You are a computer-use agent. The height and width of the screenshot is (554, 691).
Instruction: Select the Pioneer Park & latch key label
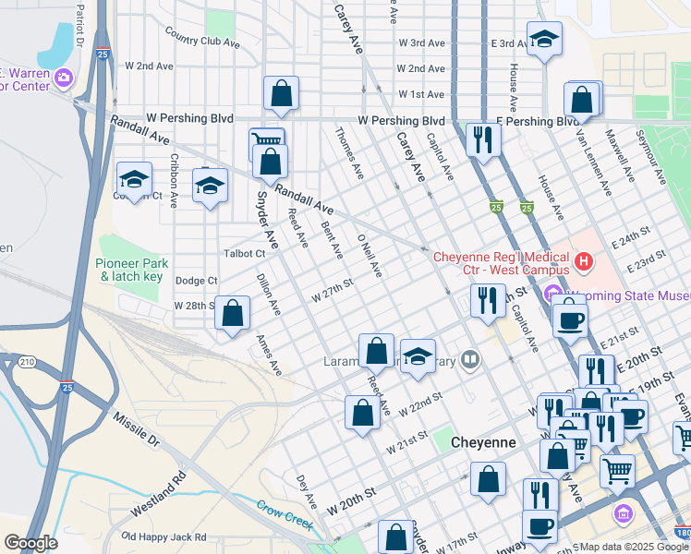tap(129, 270)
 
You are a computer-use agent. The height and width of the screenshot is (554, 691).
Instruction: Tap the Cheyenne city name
tap(482, 443)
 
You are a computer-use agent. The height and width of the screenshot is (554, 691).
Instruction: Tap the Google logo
tap(30, 543)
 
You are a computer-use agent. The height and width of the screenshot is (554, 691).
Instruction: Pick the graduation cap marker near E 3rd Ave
tap(544, 40)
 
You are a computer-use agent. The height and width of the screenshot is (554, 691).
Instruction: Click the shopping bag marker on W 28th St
tap(233, 314)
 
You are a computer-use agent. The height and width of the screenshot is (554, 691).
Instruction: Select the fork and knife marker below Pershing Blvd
tap(482, 139)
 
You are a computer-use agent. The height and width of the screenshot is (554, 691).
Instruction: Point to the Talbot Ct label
tap(245, 254)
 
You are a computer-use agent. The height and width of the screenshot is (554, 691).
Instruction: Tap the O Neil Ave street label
tap(370, 256)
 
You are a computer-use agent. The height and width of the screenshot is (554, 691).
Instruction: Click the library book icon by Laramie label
tap(470, 359)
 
